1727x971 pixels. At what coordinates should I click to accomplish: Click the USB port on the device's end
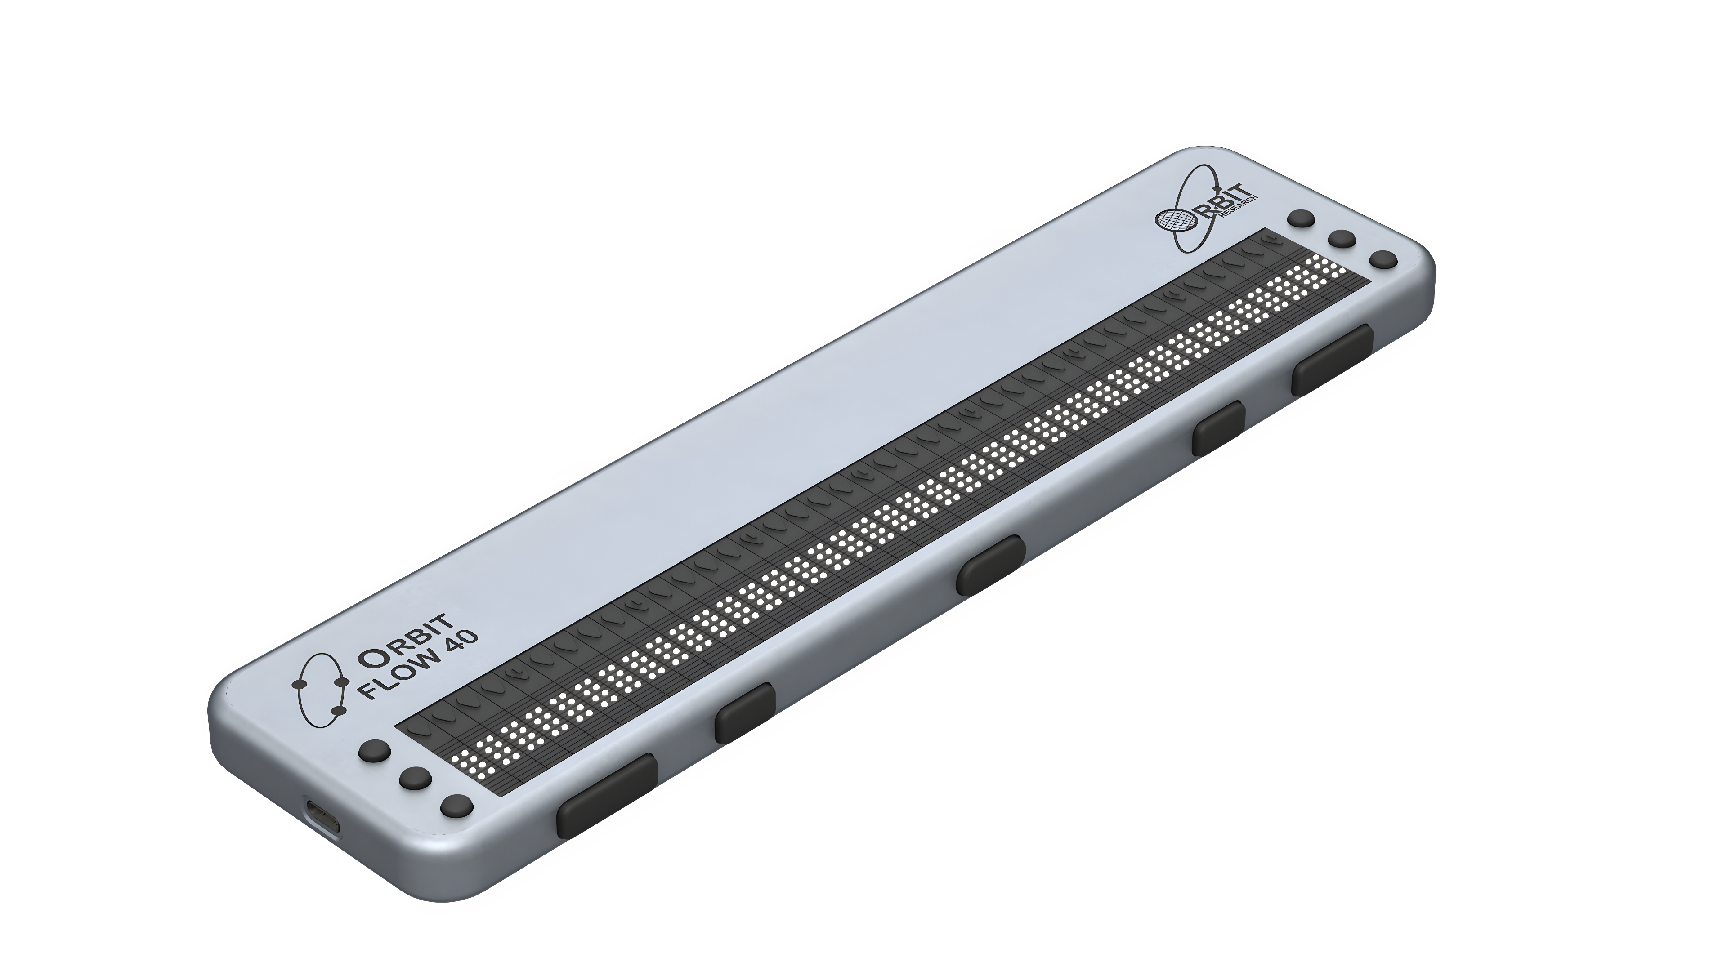pyautogui.click(x=323, y=819)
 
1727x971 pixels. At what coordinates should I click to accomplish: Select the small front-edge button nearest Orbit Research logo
pyautogui.click(x=1219, y=427)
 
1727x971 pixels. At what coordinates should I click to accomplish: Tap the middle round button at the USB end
pyautogui.click(x=416, y=778)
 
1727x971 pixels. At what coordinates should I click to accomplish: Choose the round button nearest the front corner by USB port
pyautogui.click(x=458, y=806)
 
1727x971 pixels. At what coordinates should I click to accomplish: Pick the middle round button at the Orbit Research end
pyautogui.click(x=1342, y=239)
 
